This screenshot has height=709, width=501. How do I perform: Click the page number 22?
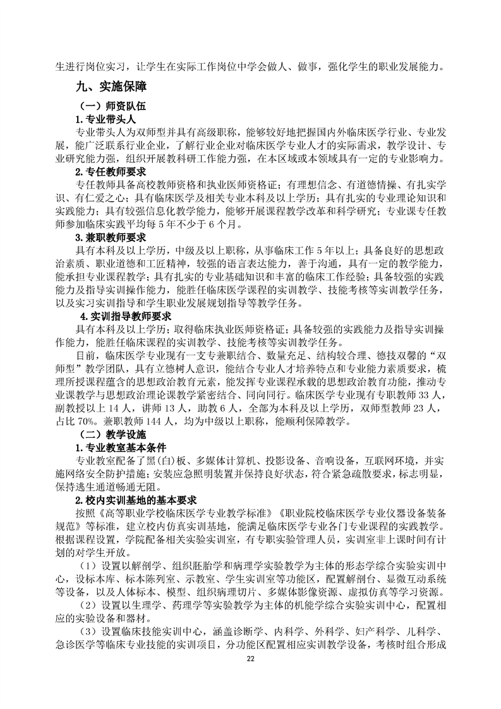250,677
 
